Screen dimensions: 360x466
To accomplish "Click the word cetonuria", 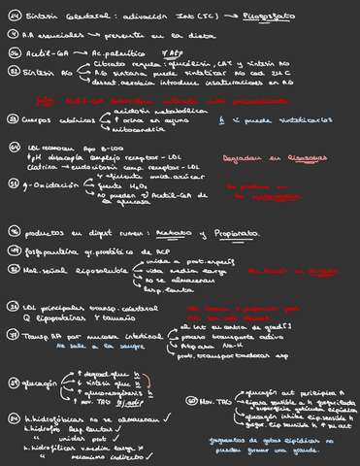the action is click(132, 128).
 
